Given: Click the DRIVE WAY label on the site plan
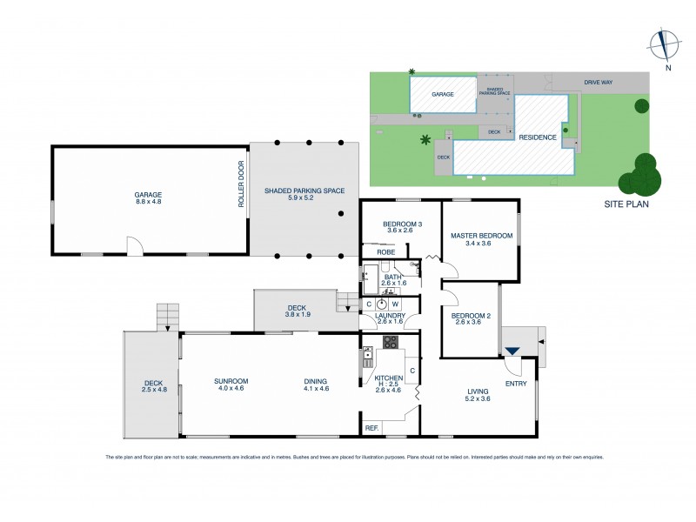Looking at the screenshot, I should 598,83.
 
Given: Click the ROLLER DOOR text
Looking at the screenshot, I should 242,184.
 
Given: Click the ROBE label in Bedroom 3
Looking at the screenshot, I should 385,252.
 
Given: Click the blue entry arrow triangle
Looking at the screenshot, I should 512,351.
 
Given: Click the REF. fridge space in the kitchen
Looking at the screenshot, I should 372,427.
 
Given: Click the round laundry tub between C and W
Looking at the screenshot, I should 381,304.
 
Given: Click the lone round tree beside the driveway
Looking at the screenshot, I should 641,106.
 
